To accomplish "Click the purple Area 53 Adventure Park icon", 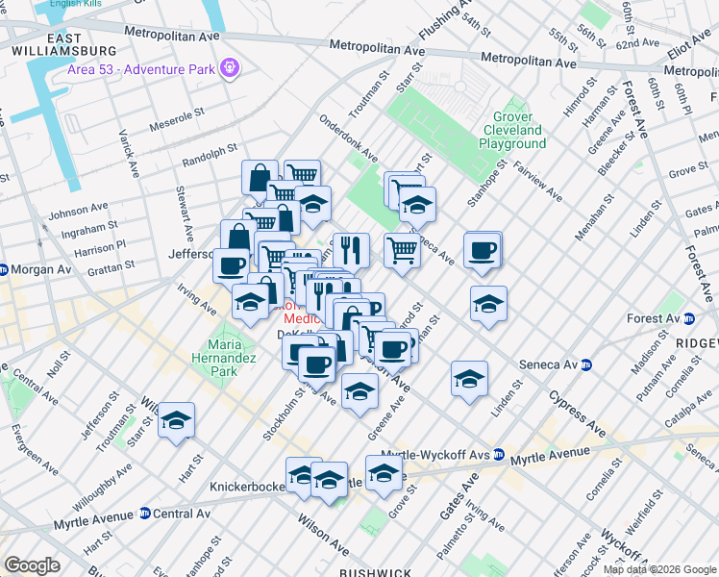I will click(x=229, y=68).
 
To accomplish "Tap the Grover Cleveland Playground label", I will click(x=512, y=130).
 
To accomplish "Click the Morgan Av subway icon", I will click(x=5, y=268).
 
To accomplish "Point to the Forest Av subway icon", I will click(x=689, y=318).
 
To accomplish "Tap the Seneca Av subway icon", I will click(x=585, y=364).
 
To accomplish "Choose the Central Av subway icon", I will click(x=145, y=514).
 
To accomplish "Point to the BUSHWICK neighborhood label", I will click(x=376, y=572).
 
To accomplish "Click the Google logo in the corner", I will click(x=32, y=564).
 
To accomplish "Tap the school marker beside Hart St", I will click(x=177, y=420).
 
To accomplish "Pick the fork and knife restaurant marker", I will click(x=351, y=250).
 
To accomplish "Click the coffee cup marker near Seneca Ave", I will click(x=483, y=250).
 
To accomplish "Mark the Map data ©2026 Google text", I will click(x=658, y=569).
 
